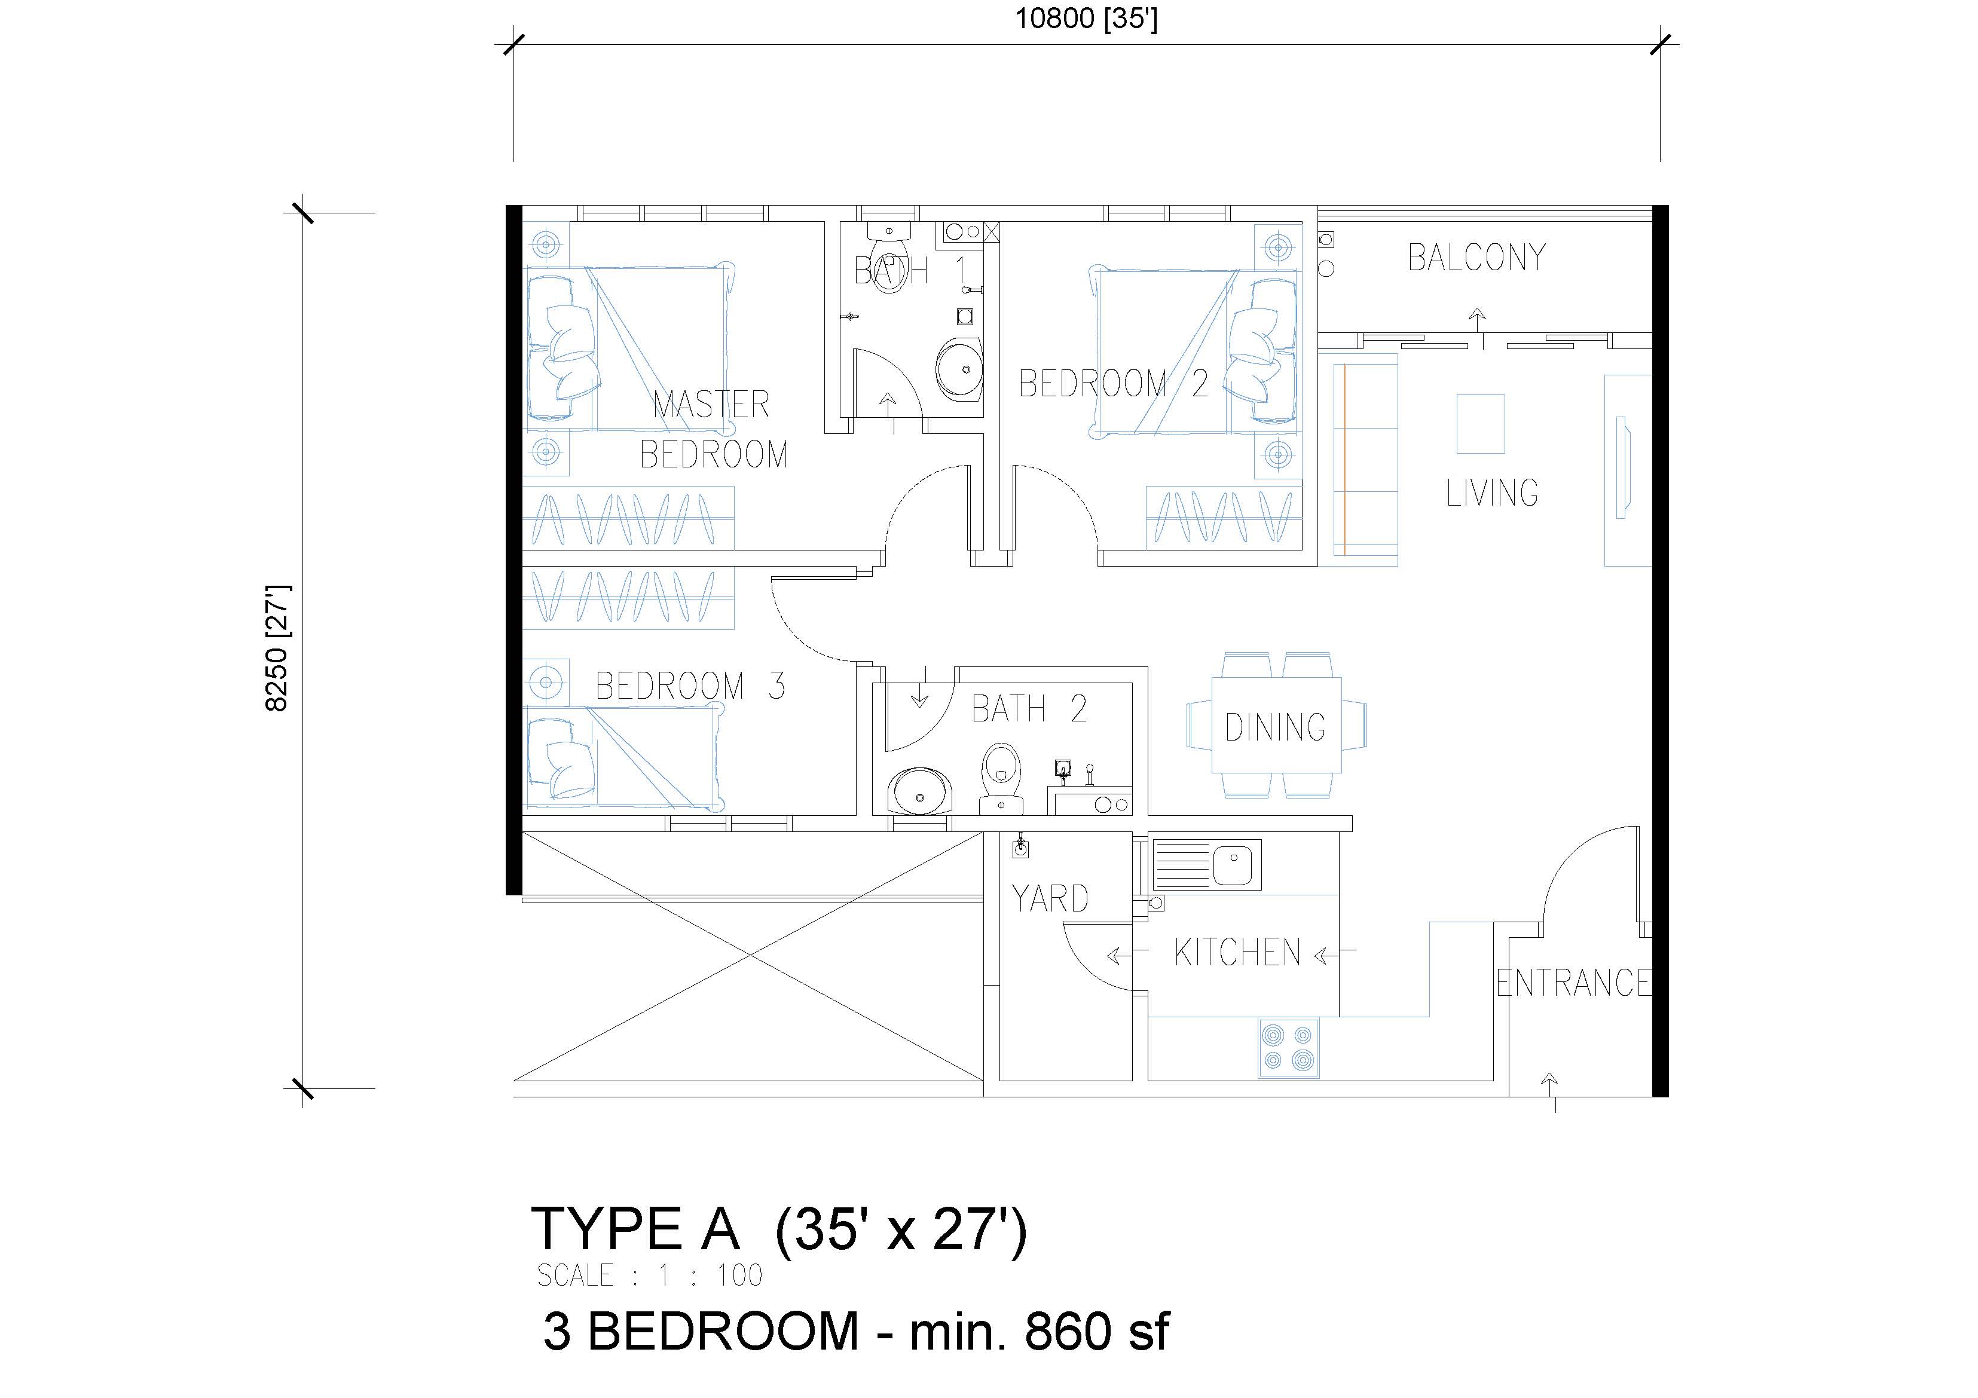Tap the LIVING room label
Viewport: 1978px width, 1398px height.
point(1492,492)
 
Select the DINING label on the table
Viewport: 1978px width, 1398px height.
point(1275,727)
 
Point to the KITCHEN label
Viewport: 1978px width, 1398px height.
point(1237,953)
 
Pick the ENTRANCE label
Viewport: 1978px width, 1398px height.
point(1573,983)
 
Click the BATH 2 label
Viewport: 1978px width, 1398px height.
point(1029,709)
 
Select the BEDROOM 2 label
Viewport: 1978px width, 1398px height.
point(1113,383)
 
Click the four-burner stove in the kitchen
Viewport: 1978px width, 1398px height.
point(1289,1048)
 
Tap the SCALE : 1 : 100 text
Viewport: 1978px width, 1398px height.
point(650,1275)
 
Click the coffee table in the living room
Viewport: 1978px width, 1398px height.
point(1481,424)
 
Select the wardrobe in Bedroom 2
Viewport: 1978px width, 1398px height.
point(1224,517)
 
